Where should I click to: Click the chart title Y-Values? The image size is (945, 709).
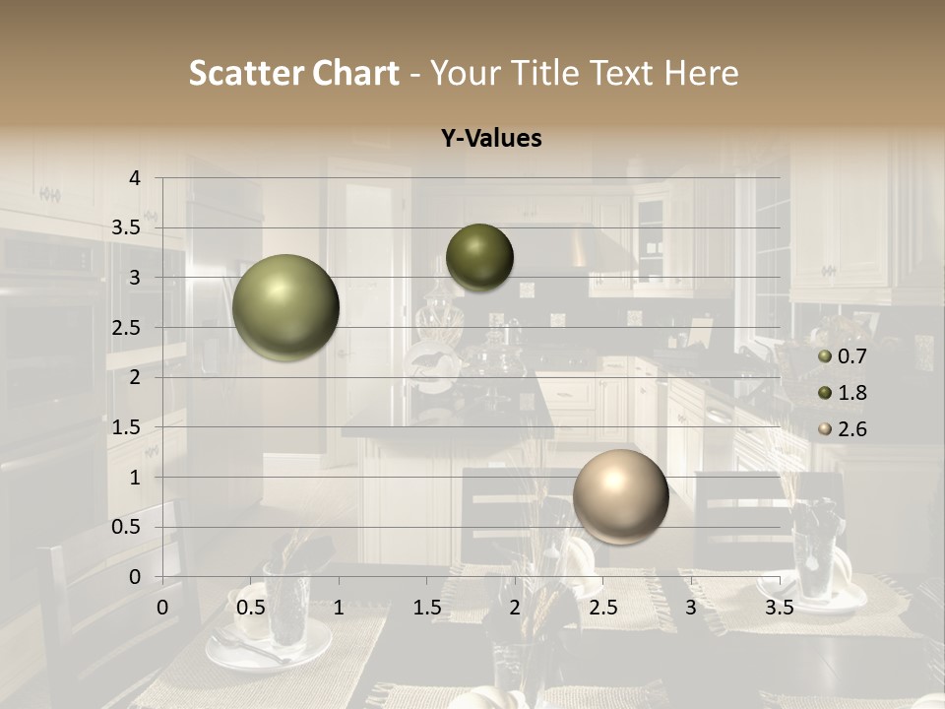[x=491, y=139]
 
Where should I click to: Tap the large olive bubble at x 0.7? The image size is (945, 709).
[x=286, y=307]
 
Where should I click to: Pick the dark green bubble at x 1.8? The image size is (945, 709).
[x=479, y=257]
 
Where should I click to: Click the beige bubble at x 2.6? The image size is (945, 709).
[x=620, y=496]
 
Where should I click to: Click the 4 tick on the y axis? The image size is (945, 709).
[x=134, y=177]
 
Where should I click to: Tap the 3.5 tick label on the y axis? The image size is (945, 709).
[x=126, y=227]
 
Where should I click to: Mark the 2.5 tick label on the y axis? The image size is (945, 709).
[x=126, y=328]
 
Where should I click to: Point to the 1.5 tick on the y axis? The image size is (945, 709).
[x=126, y=427]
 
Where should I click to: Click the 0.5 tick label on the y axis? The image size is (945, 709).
[x=126, y=527]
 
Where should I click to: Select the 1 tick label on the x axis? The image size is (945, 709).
[x=339, y=607]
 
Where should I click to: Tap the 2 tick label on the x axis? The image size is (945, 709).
[x=515, y=607]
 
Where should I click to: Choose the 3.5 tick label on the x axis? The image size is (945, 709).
[x=779, y=607]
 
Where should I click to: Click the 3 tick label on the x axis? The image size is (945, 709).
[x=691, y=607]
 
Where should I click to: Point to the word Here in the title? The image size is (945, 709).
[x=701, y=73]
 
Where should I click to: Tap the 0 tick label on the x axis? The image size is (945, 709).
[x=163, y=607]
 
